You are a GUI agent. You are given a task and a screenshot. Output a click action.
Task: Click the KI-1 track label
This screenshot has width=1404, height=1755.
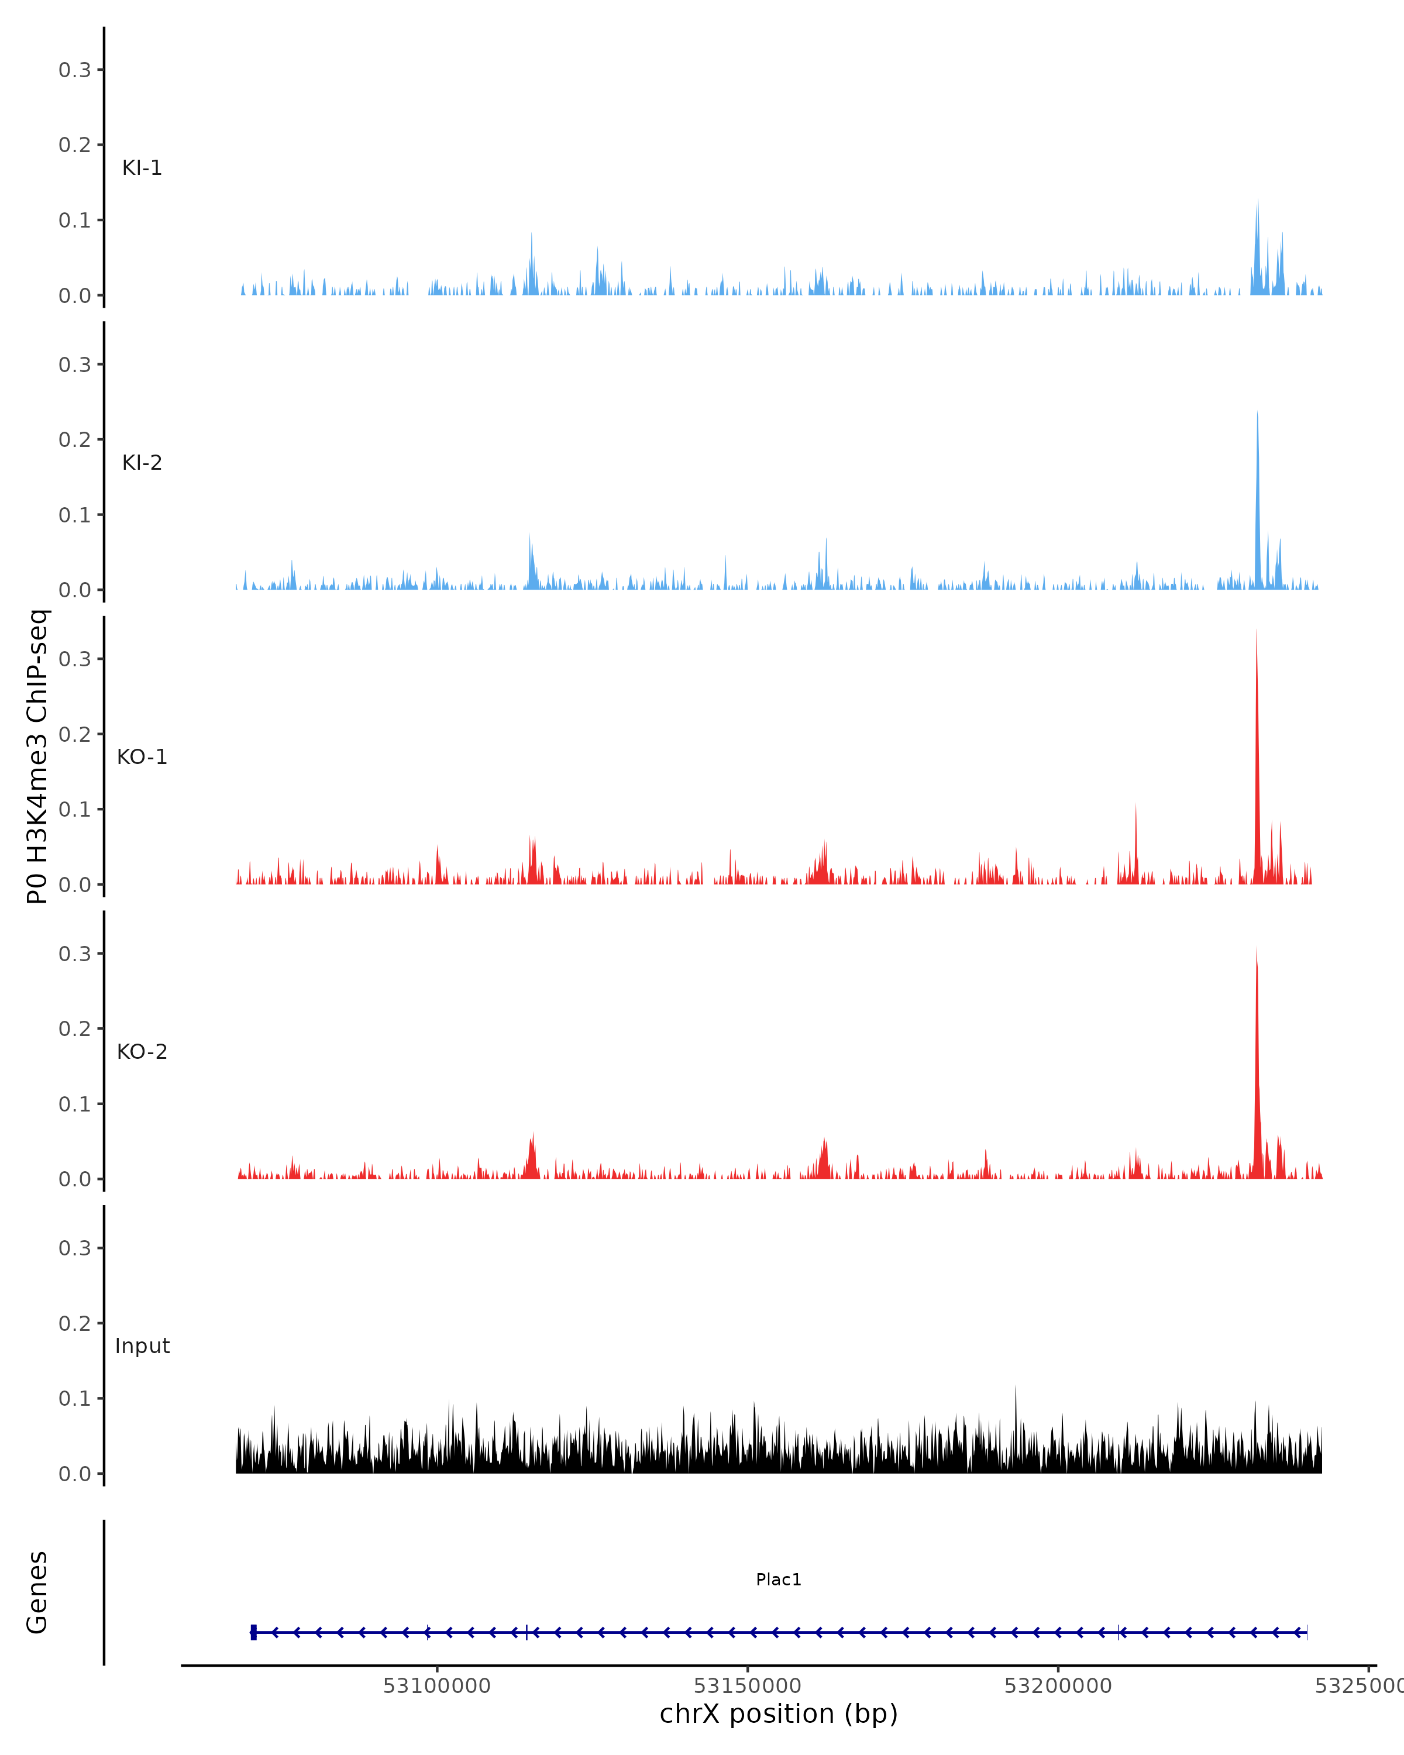[x=142, y=168]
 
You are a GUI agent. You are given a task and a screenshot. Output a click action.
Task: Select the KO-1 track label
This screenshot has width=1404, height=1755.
[x=142, y=757]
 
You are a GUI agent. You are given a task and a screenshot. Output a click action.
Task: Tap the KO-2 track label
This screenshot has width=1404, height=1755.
[x=142, y=1052]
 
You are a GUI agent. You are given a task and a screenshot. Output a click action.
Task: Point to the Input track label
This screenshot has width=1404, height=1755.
[x=142, y=1346]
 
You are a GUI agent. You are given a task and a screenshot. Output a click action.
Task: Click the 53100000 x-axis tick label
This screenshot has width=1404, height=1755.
[x=436, y=1686]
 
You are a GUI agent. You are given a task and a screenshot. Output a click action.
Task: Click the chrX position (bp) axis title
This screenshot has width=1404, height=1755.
[x=778, y=1714]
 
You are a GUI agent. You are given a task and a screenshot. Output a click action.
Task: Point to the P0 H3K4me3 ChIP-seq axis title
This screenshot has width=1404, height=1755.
[x=37, y=756]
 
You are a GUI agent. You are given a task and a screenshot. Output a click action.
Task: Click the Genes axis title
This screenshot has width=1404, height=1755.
[x=37, y=1592]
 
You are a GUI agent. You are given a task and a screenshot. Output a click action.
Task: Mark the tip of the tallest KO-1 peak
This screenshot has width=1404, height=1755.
[x=1256, y=631]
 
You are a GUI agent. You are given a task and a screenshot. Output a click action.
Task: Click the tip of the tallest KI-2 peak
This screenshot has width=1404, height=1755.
[x=1257, y=412]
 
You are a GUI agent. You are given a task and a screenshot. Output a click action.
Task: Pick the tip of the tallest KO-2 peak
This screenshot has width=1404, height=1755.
[x=1257, y=948]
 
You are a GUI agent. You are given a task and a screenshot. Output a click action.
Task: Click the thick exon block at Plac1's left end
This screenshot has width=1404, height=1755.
[x=254, y=1632]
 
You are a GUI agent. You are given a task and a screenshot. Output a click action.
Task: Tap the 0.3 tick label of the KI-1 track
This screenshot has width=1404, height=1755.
[x=75, y=70]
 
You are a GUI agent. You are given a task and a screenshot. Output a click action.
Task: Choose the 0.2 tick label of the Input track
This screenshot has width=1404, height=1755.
[x=75, y=1324]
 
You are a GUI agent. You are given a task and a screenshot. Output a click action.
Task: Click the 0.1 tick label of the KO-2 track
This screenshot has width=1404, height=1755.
[x=75, y=1104]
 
